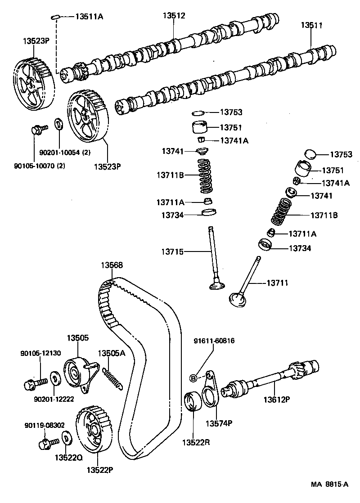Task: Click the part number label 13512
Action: click(174, 15)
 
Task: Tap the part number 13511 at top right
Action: click(312, 25)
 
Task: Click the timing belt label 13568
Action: click(112, 265)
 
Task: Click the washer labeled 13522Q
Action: click(66, 438)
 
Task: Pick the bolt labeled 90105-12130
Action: click(32, 384)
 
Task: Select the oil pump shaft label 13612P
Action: click(276, 399)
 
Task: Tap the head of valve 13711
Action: click(238, 299)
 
